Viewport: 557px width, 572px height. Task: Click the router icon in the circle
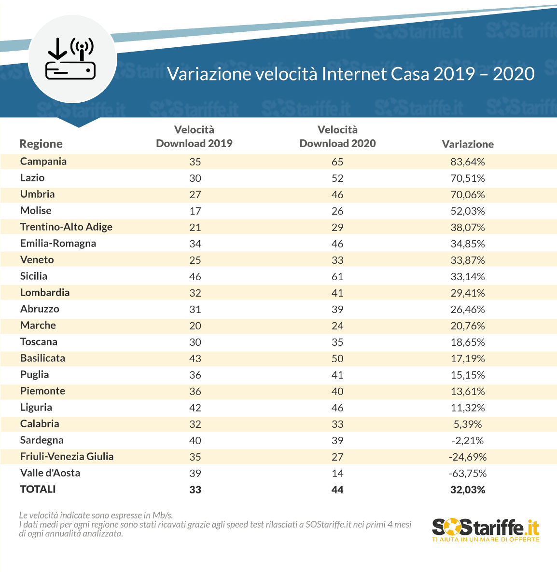point(70,59)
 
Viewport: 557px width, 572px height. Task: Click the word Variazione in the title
point(209,74)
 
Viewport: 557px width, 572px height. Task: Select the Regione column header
point(41,144)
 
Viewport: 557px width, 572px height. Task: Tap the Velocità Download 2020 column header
point(338,136)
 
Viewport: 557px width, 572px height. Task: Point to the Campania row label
point(43,161)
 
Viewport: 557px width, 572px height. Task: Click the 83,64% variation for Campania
point(468,162)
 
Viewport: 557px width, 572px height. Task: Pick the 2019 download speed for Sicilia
point(195,276)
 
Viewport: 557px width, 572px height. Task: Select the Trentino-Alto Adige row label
point(67,227)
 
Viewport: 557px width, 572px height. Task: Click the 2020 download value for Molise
point(338,211)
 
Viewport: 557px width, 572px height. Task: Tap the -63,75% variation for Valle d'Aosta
point(468,474)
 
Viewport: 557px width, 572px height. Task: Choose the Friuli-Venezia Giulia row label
point(67,456)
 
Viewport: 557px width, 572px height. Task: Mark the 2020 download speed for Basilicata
point(338,359)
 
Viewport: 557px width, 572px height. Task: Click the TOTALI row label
point(38,489)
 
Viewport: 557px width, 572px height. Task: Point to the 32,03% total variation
point(468,490)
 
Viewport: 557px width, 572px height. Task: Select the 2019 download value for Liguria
point(195,408)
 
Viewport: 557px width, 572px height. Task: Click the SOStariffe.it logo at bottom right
point(486,530)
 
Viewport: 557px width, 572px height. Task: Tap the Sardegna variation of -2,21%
point(468,441)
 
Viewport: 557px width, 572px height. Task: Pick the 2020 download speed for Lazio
point(338,178)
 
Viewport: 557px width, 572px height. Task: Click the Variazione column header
point(468,144)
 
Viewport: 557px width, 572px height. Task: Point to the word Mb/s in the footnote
point(163,515)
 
